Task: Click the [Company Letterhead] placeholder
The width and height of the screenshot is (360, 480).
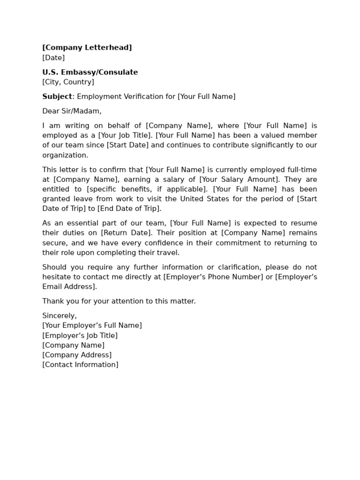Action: click(87, 48)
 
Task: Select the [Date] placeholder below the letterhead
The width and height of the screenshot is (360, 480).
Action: click(53, 58)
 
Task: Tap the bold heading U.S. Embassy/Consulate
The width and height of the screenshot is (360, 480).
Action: click(90, 72)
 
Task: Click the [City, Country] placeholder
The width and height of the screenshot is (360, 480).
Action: click(68, 82)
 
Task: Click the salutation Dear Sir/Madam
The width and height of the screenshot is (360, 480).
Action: click(72, 111)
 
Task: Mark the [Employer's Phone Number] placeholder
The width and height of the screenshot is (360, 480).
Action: click(213, 277)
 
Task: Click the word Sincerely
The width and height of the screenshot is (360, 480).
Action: click(60, 316)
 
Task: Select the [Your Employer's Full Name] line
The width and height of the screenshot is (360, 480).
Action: click(92, 325)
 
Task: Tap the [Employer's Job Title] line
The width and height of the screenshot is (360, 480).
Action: click(80, 336)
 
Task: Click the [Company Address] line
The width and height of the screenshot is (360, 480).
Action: click(77, 355)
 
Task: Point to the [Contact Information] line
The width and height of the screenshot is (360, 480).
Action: click(80, 365)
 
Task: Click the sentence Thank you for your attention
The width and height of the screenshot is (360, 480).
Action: click(119, 301)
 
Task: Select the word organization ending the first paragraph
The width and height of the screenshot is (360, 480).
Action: click(65, 155)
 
